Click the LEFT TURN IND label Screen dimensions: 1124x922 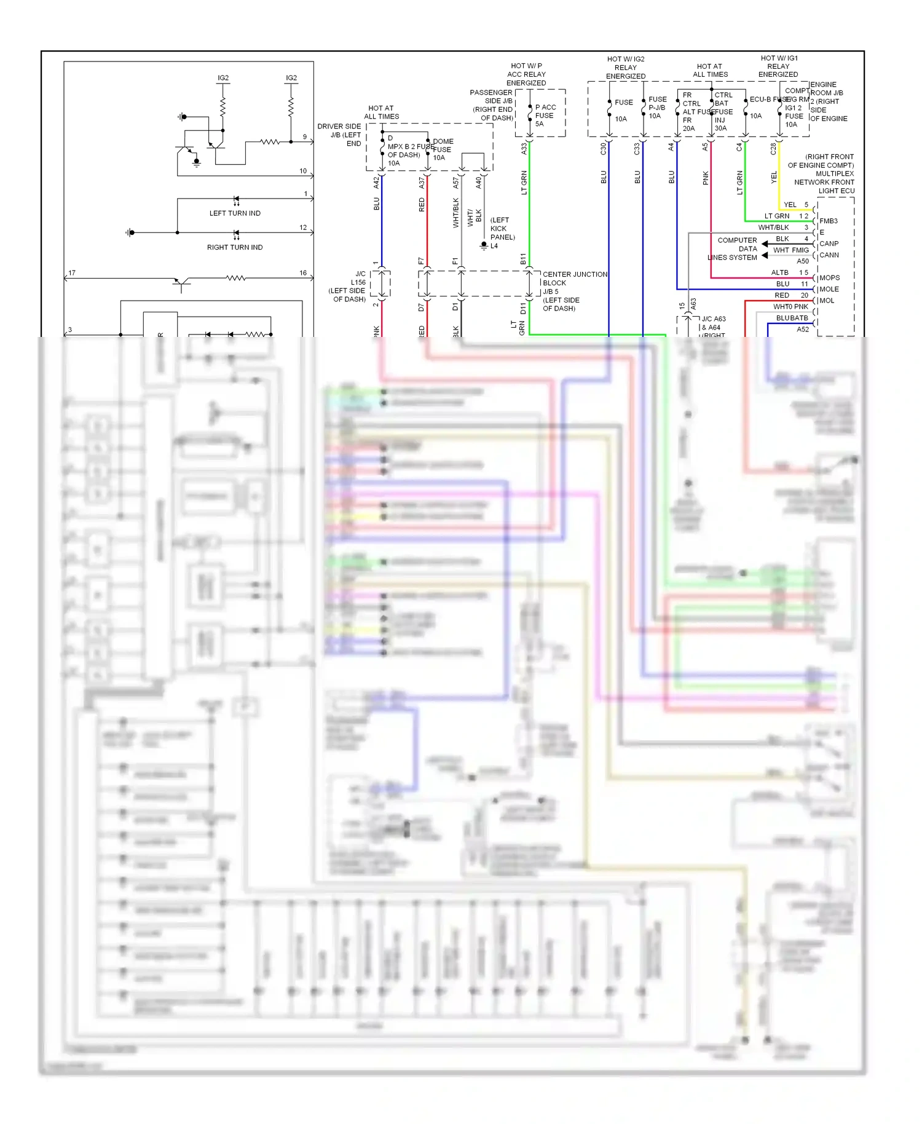point(235,213)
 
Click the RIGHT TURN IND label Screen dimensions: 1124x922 point(235,247)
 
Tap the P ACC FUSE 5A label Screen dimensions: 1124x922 point(545,116)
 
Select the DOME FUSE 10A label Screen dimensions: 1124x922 point(443,149)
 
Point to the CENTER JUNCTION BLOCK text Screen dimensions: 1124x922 point(575,279)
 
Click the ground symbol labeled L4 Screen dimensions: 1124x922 point(484,246)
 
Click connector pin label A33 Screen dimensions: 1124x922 point(524,149)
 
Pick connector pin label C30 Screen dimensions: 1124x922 point(604,149)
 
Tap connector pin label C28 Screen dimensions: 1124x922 point(773,149)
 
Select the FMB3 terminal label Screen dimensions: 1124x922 point(828,221)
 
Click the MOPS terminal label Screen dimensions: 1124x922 point(829,278)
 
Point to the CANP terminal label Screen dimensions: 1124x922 point(829,243)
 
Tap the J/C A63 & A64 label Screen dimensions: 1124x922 point(713,323)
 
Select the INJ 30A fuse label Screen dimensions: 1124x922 point(720,124)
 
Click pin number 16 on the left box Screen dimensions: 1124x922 point(303,273)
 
